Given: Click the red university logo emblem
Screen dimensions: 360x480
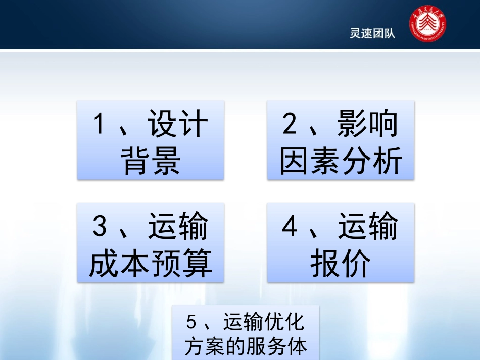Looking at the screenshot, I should (427, 26).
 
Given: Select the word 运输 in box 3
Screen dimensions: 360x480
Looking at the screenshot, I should (178, 227).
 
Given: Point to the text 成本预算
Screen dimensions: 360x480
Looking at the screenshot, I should (151, 264).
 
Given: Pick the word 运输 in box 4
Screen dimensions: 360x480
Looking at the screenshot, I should (368, 227).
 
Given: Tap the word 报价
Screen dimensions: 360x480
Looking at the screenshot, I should (341, 264).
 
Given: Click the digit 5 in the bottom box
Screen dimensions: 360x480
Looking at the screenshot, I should (191, 322).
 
